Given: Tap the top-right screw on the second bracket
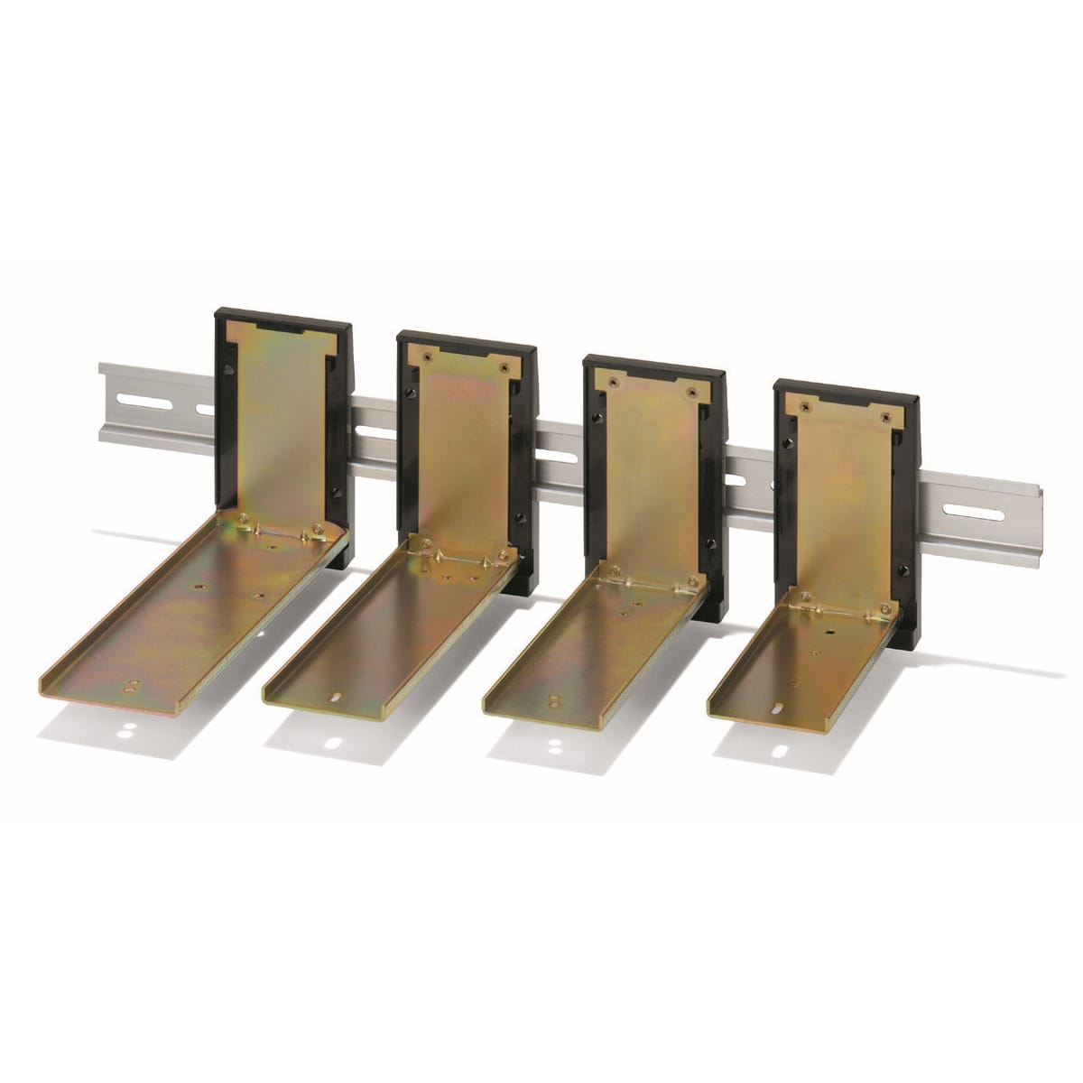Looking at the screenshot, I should [x=503, y=368].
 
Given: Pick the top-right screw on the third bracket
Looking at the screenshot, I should [x=692, y=393].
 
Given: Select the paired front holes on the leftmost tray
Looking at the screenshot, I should [x=133, y=684].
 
